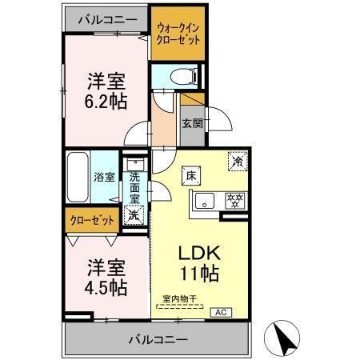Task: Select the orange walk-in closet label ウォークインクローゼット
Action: (x=177, y=34)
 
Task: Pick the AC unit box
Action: (x=221, y=311)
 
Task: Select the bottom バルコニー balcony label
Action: (x=157, y=339)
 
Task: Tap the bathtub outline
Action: (x=78, y=177)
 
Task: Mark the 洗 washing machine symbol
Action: (x=134, y=214)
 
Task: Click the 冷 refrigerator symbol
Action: (x=238, y=161)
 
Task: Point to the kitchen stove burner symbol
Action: (x=234, y=199)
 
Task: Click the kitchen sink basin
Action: (x=202, y=200)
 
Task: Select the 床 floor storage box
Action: (x=194, y=174)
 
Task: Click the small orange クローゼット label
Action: (x=91, y=218)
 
